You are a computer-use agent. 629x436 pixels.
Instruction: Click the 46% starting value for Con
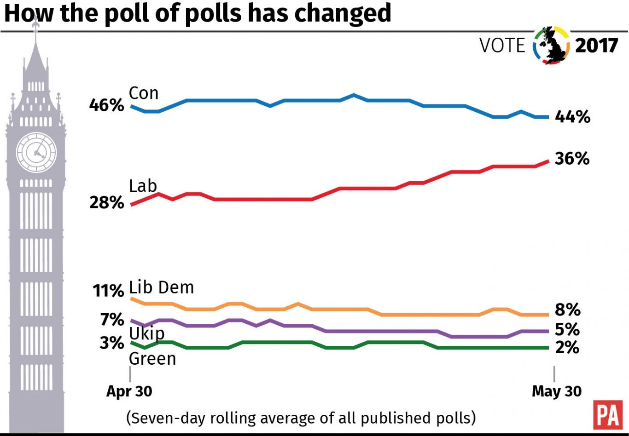[106, 105]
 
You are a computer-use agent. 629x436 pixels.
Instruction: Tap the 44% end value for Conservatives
[572, 117]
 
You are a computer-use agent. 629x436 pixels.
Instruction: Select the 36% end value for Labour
[572, 159]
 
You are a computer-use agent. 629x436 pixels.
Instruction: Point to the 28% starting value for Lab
[106, 202]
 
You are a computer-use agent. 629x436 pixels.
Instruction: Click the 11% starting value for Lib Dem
[108, 291]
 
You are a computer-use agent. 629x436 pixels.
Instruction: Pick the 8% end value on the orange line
[567, 310]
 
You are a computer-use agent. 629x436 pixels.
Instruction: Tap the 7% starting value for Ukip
[112, 319]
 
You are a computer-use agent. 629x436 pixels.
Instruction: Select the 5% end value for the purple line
[567, 330]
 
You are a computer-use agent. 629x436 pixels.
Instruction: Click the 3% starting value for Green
[112, 343]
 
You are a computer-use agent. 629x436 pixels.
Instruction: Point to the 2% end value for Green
[567, 348]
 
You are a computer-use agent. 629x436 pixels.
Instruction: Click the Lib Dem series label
[161, 287]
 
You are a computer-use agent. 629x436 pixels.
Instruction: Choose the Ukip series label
[146, 333]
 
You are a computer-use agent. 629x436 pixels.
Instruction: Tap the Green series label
[152, 359]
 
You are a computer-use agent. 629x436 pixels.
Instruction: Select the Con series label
[144, 93]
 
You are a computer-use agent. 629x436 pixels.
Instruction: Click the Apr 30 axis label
[129, 391]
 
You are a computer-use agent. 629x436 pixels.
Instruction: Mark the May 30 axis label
[556, 391]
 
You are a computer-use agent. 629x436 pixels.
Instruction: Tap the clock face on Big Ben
[36, 152]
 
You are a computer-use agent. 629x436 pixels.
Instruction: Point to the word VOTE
[502, 46]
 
